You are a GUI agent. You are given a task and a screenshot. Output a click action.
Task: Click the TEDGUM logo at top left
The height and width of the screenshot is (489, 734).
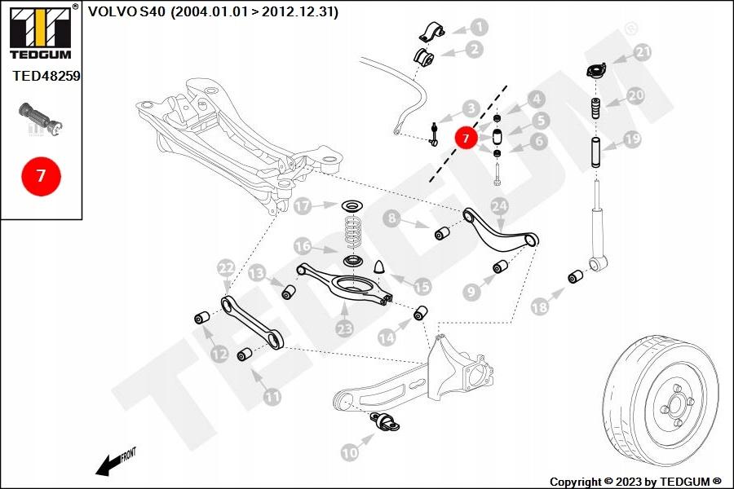tap(41, 33)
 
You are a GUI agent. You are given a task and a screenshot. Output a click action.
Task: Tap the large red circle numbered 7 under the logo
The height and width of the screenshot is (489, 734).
tap(41, 175)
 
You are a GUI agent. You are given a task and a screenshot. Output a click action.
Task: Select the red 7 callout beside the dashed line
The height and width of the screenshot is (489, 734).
tap(466, 139)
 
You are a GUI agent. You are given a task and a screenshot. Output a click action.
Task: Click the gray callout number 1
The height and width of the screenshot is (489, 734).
tap(479, 27)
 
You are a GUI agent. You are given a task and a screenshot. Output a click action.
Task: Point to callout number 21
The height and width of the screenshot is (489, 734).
tap(643, 54)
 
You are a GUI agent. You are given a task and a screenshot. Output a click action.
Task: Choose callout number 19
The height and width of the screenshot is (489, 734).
tap(632, 139)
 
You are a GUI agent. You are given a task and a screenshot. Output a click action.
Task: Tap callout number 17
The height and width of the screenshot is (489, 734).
tap(303, 206)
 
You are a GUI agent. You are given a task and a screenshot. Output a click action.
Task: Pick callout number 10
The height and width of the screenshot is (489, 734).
tap(349, 452)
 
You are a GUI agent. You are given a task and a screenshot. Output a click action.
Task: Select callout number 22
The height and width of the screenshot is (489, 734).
tap(226, 267)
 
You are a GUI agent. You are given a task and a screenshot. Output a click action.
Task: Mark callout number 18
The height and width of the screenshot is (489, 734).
tap(539, 307)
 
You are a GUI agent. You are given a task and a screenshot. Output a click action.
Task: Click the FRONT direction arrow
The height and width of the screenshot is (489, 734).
tap(114, 461)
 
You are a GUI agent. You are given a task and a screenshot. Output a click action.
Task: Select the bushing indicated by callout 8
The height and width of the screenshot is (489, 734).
tap(443, 234)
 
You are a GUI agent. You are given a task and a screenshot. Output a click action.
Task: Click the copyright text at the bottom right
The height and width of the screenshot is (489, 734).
tap(635, 482)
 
